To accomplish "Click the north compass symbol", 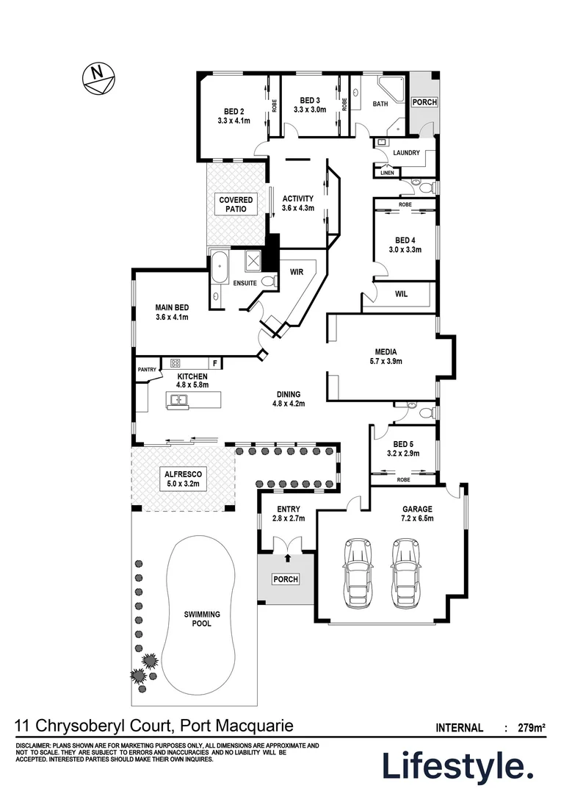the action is [x=95, y=77].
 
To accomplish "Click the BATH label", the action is [x=380, y=104].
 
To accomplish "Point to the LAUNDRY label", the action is [x=406, y=153].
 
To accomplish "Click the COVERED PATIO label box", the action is [x=236, y=204].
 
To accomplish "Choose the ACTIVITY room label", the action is [x=297, y=198].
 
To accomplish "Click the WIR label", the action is [x=297, y=272].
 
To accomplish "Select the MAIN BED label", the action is [x=172, y=308].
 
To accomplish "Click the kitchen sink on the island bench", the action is [x=178, y=401].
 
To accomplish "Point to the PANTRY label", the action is [x=147, y=370].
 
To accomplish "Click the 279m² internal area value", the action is [x=530, y=729].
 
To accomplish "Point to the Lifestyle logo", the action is [x=457, y=767].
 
